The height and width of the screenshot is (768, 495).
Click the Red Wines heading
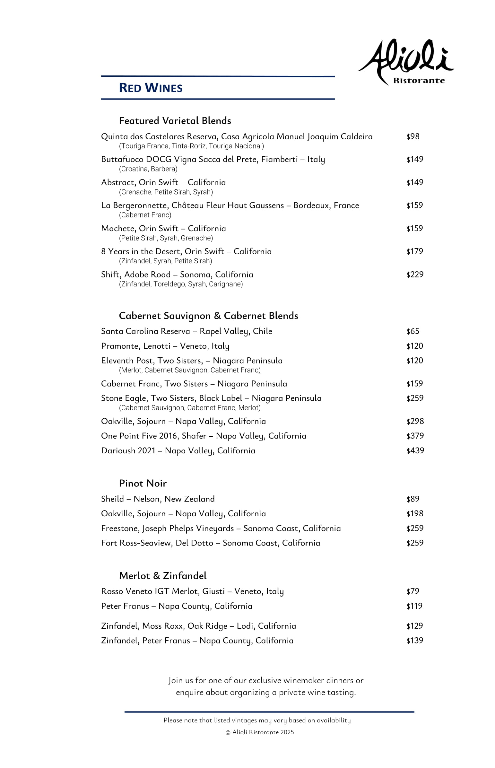pyautogui.click(x=151, y=88)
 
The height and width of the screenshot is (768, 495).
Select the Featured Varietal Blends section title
pyautogui.click(x=175, y=120)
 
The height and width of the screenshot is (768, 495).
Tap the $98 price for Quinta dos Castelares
pyautogui.click(x=413, y=137)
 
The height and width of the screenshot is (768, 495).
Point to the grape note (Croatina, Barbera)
pyautogui.click(x=148, y=169)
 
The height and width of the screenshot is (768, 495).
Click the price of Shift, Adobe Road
pyautogui.click(x=415, y=275)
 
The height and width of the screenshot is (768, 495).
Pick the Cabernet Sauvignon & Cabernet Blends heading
pyautogui.click(x=208, y=316)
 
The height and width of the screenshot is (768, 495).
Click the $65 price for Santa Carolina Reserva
pyautogui.click(x=413, y=331)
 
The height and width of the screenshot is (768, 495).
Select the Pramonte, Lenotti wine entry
pyautogui.click(x=165, y=346)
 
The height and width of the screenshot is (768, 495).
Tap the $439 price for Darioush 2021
pyautogui.click(x=415, y=451)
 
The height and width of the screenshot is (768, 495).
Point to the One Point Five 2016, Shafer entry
pyautogui.click(x=204, y=436)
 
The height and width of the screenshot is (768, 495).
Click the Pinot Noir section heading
pyautogui.click(x=143, y=484)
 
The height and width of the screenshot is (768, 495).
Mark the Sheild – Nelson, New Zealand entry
pyautogui.click(x=158, y=499)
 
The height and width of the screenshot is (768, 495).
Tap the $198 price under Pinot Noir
pyautogui.click(x=415, y=514)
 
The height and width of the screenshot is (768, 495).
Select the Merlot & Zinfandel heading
pyautogui.click(x=163, y=576)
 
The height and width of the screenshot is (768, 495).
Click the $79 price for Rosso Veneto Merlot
pyautogui.click(x=413, y=591)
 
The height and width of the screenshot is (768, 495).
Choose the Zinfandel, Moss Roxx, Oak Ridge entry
pyautogui.click(x=198, y=626)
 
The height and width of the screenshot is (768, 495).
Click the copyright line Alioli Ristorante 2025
pyautogui.click(x=260, y=732)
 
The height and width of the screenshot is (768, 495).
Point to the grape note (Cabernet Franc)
pyautogui.click(x=145, y=215)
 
